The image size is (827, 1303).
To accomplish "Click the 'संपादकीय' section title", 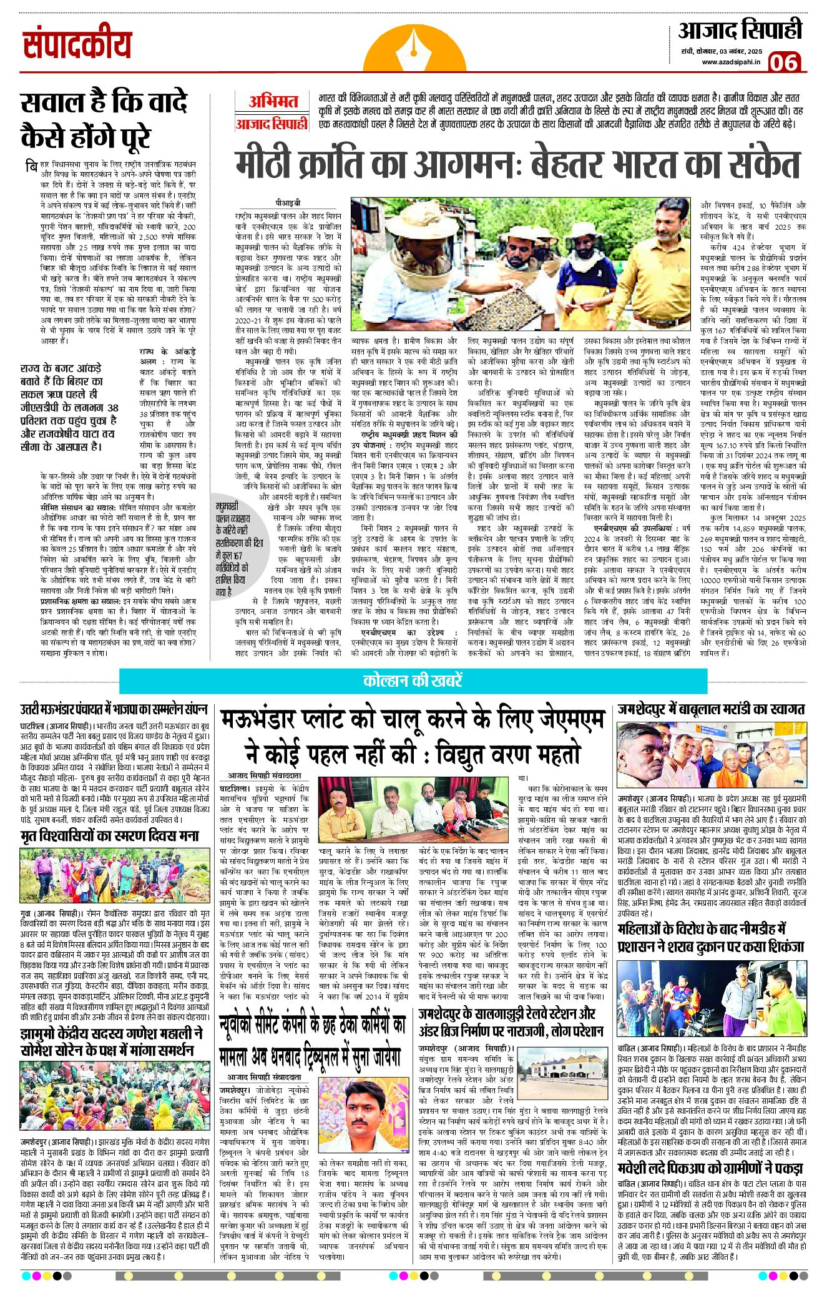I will coord(77,45).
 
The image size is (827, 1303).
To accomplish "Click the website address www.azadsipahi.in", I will coord(730,62).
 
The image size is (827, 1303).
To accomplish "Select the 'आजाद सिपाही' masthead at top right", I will coord(740,31).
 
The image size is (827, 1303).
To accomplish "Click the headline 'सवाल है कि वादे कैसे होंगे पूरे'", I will coord(104,120).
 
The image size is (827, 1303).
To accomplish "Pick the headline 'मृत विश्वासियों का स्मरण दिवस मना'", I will coord(110,836).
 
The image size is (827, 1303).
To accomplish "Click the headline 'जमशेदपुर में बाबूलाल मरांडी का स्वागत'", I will coord(711,709).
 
